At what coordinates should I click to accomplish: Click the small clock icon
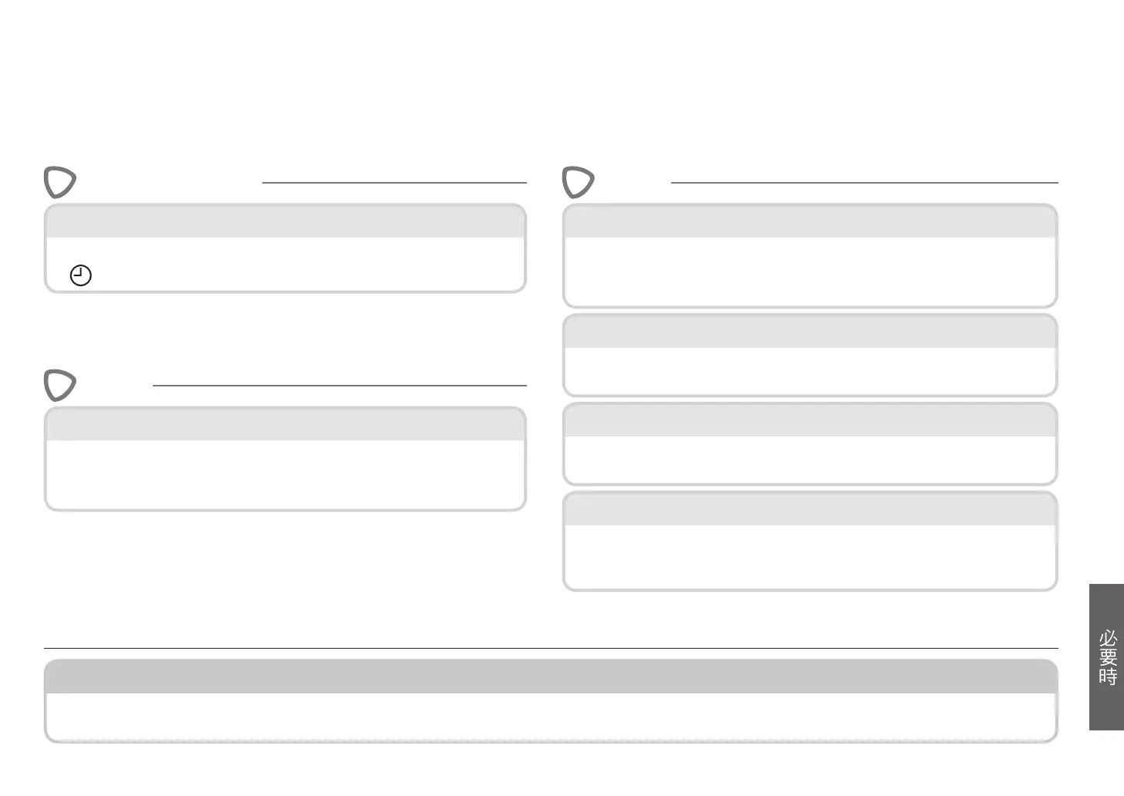point(80,275)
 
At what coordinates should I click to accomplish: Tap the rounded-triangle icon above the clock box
point(59,183)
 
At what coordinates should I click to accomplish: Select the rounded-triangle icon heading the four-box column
point(578,183)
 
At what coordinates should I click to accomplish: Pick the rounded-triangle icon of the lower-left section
point(59,386)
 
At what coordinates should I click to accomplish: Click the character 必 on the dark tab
point(1108,639)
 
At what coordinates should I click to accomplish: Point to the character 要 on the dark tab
point(1108,657)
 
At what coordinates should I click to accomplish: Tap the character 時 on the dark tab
point(1108,676)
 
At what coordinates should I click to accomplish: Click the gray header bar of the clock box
point(285,222)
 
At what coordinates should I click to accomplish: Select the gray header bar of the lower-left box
point(285,425)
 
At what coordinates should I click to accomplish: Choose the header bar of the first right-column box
point(809,222)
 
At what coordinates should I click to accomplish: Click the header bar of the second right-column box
point(809,332)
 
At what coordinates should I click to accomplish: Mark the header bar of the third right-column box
point(809,421)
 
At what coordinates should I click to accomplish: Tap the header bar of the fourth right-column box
point(809,510)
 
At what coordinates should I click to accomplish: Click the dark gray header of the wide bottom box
point(550,676)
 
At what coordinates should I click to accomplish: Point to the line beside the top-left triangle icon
point(394,183)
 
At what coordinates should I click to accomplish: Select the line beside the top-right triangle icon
point(864,183)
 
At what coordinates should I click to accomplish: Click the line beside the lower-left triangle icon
point(339,385)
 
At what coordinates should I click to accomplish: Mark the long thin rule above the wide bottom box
point(550,649)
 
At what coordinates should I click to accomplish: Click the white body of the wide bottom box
point(550,717)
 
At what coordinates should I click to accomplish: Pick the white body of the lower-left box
point(285,474)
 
